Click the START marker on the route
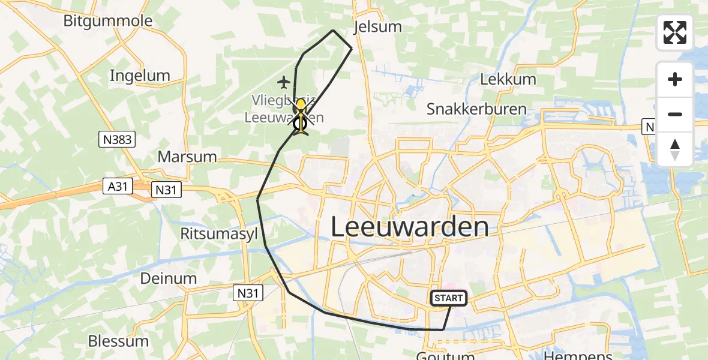(x=448, y=298)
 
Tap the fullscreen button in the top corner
(x=675, y=32)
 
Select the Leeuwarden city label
(x=410, y=227)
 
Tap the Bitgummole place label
(x=108, y=21)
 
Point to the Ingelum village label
(x=140, y=76)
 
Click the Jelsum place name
(x=377, y=27)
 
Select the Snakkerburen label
(x=476, y=109)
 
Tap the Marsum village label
(x=187, y=157)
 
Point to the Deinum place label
(x=169, y=278)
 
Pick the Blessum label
(x=118, y=341)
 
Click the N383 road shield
(x=117, y=140)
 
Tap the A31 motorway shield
(x=117, y=187)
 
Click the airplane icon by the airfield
(x=284, y=81)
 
